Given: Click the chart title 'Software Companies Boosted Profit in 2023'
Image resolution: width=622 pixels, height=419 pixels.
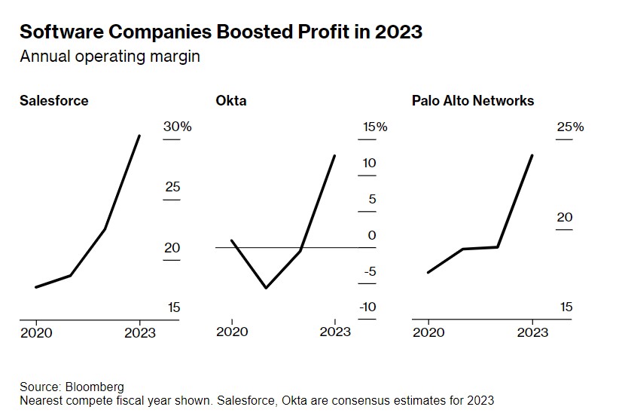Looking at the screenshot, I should (x=221, y=32).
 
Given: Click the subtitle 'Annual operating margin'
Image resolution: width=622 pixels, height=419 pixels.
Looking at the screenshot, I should (x=110, y=57).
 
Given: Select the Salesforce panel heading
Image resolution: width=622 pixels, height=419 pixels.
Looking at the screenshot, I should (x=53, y=100).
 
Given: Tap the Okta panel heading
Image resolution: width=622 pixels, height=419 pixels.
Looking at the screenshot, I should (x=230, y=100).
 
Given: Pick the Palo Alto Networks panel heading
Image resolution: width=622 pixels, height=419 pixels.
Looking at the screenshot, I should (x=473, y=100).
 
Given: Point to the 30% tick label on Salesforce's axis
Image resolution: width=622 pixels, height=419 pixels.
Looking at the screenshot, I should (x=178, y=127).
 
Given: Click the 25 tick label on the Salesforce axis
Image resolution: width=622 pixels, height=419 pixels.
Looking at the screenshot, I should (x=172, y=186).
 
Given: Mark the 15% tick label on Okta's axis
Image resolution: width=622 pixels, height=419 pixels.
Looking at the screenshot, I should (x=374, y=127).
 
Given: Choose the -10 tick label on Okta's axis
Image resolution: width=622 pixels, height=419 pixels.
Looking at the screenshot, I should (x=367, y=307).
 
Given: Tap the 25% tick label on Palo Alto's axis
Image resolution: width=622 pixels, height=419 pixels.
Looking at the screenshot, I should (x=570, y=127).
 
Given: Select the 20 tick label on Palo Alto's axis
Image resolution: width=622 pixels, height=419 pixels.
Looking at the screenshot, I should (x=565, y=217).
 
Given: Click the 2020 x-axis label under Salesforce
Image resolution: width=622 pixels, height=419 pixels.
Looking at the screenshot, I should (x=36, y=332).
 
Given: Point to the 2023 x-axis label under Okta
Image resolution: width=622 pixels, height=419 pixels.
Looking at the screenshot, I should (x=335, y=332).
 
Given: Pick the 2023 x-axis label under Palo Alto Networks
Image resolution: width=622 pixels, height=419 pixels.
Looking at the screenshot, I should (x=532, y=332).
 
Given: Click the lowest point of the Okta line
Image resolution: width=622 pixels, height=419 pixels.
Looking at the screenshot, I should (x=266, y=288).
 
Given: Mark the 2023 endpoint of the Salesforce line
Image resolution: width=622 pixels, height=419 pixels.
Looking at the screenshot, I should (x=139, y=136).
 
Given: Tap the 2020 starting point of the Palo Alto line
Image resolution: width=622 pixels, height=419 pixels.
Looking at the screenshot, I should (x=428, y=272).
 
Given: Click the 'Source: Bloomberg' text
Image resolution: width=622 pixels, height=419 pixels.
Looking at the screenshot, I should (x=72, y=387).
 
